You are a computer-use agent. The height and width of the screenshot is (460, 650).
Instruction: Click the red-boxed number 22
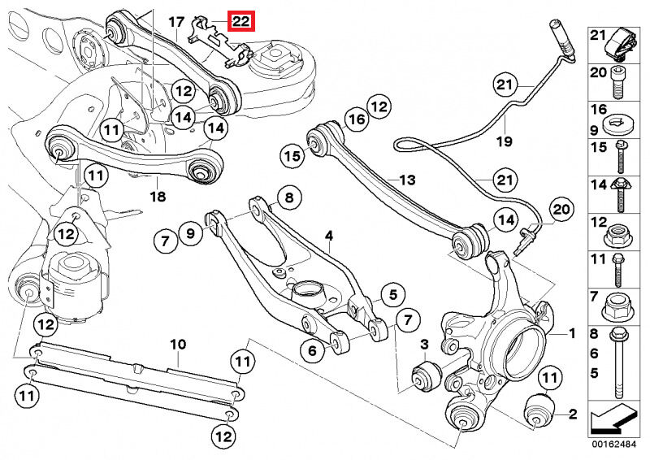click(241, 22)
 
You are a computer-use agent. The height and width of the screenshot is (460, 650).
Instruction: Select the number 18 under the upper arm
click(157, 197)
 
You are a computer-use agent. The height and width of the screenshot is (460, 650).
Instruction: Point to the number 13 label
click(406, 179)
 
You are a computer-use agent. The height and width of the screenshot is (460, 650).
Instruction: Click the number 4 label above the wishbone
click(329, 237)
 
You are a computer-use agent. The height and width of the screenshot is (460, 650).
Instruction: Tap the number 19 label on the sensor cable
click(504, 141)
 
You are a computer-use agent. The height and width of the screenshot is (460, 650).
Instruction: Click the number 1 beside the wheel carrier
click(571, 333)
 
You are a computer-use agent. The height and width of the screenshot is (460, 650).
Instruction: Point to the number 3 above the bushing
click(422, 347)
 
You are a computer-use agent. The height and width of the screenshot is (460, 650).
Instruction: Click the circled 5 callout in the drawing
click(392, 294)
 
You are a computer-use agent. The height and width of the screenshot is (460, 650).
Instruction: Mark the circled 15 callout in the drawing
click(292, 154)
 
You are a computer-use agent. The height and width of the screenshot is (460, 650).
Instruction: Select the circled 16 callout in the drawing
click(354, 121)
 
